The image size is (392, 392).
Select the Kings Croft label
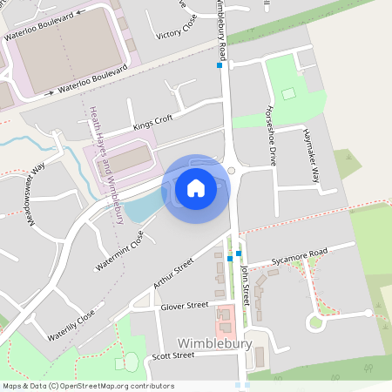click(x=153, y=123)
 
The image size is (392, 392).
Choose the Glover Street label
click(x=185, y=306)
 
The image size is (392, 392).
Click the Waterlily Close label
click(x=71, y=327)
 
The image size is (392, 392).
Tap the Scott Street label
click(x=172, y=355)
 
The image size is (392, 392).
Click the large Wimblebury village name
click(x=214, y=344)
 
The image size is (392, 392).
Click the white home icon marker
click(x=196, y=187)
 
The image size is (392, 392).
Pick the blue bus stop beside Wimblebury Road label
click(x=220, y=65)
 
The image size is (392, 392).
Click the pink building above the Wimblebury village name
click(x=226, y=319)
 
